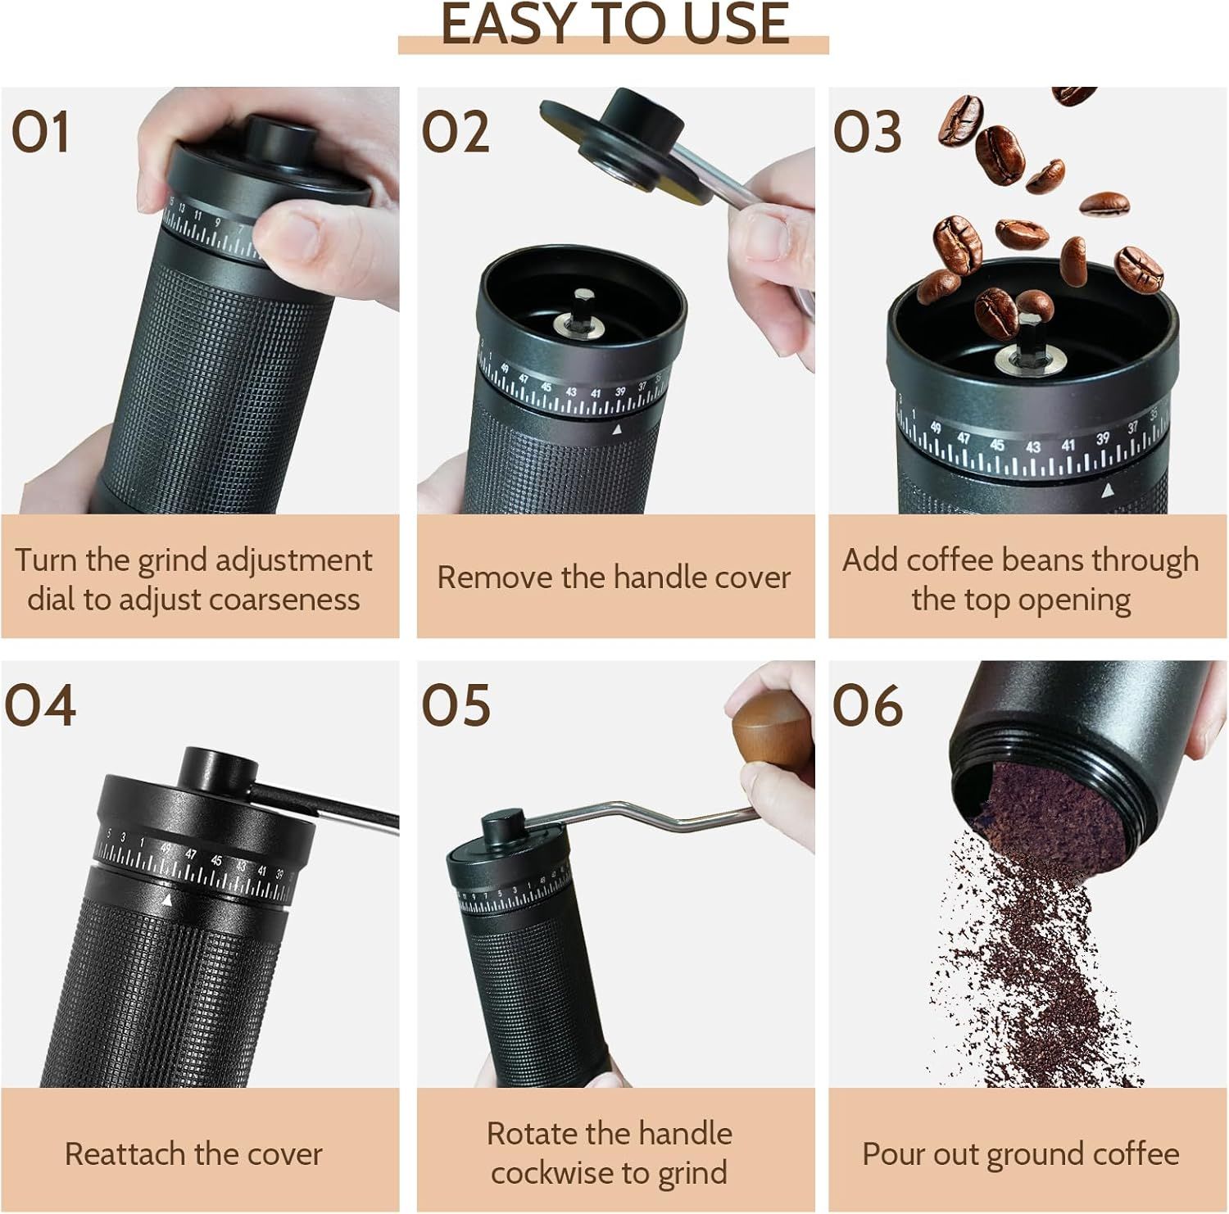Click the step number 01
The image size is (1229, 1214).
[x=40, y=132]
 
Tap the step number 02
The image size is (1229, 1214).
[x=456, y=132]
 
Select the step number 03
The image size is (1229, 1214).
[x=867, y=132]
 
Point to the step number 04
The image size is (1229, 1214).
[x=40, y=706]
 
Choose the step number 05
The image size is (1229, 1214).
[x=456, y=706]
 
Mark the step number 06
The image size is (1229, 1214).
[x=868, y=706]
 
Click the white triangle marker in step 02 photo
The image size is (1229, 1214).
[x=618, y=428]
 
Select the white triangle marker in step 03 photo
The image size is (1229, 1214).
[x=1108, y=491]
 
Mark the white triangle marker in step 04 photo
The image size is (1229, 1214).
[x=167, y=899]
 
